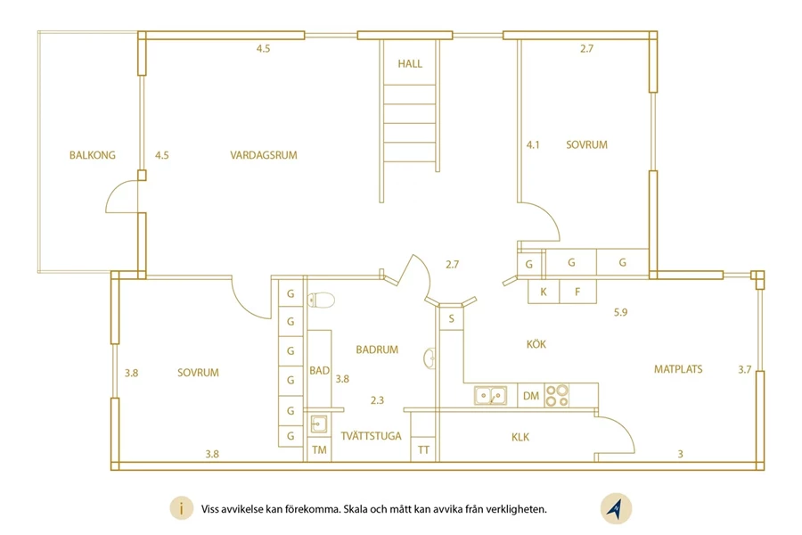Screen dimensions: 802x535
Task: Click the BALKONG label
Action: click(93, 155)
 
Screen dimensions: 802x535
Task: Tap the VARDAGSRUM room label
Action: click(264, 155)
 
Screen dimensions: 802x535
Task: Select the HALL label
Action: click(410, 64)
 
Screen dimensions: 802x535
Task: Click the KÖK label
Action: click(536, 344)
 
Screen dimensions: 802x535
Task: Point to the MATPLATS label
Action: click(678, 369)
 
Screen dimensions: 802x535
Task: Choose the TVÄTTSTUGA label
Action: click(372, 436)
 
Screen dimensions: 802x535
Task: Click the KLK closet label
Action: click(520, 437)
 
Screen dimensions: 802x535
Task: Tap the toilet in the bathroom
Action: click(321, 300)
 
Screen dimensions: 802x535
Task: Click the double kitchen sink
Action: click(490, 395)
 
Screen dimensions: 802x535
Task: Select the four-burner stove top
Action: click(556, 395)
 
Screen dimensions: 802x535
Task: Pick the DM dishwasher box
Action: click(531, 396)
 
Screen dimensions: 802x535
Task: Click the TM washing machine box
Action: click(319, 450)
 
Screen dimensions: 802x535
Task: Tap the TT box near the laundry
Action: click(423, 450)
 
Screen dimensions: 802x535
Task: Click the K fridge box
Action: click(544, 292)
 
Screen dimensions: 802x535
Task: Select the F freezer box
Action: click(578, 292)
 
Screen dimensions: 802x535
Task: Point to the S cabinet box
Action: click(451, 318)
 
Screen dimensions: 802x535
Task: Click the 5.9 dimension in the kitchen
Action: click(620, 312)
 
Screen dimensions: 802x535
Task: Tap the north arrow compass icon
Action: click(616, 509)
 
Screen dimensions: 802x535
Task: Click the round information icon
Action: click(181, 508)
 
